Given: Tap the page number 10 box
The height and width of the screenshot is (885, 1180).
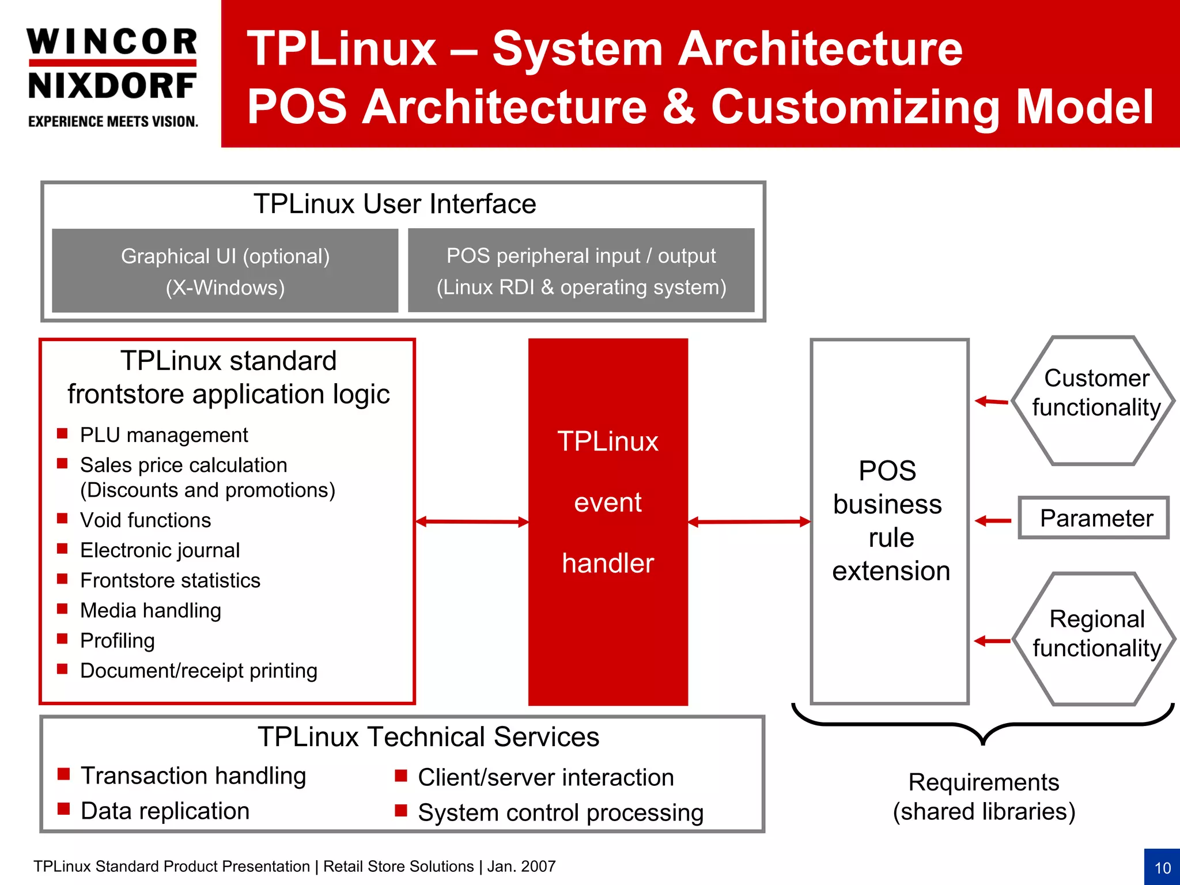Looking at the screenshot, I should (1162, 867).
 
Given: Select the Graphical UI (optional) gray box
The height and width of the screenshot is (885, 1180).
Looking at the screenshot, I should (225, 271).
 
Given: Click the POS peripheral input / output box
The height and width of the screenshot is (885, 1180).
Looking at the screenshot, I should (581, 271).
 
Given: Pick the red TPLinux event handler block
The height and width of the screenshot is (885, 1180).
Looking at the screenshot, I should (608, 521).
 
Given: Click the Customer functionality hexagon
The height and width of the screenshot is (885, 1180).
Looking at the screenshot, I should (1093, 400).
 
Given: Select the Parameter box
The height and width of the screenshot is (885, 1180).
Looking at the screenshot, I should (1093, 518).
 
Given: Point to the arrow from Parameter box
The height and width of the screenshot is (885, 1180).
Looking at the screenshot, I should (993, 521).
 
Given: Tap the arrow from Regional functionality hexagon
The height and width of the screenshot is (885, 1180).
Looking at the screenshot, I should (992, 641).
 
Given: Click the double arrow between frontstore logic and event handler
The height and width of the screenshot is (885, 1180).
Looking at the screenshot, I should (472, 521).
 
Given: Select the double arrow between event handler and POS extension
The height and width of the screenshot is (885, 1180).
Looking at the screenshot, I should (749, 521).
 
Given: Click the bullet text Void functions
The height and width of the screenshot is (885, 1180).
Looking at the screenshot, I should (145, 520).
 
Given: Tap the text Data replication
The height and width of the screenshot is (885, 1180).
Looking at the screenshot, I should (165, 811).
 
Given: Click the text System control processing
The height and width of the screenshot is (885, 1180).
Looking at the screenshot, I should (560, 812).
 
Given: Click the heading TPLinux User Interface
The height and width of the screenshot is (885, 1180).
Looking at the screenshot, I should (395, 204).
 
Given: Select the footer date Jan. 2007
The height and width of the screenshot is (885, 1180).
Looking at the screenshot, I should (521, 866).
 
